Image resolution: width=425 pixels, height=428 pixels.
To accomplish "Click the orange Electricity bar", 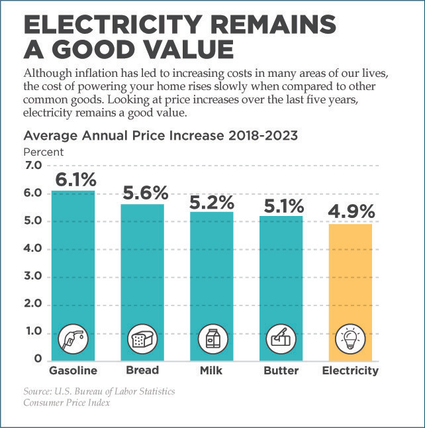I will (350, 278).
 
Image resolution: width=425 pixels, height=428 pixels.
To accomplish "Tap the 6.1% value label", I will (75, 180).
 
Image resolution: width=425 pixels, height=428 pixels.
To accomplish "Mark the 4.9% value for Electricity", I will (351, 212).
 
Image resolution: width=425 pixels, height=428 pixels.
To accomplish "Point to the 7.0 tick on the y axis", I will (32, 166).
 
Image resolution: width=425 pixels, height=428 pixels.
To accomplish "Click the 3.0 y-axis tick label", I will (32, 276).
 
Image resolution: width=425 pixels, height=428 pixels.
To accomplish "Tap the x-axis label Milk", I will (211, 370).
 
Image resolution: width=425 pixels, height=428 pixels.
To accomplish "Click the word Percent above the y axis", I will (44, 152).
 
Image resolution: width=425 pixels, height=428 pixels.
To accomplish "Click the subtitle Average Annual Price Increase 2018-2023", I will (161, 136).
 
